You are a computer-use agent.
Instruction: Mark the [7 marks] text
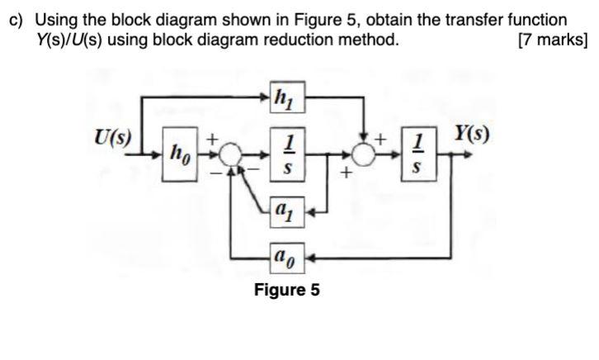pyautogui.click(x=551, y=39)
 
